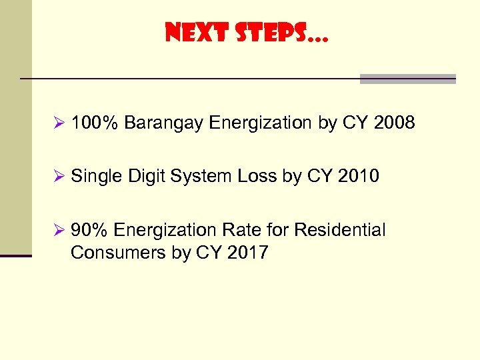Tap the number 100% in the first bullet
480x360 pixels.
point(95,123)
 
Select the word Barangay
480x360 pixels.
point(163,123)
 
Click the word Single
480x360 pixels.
point(94,177)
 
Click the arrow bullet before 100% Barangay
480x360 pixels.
point(58,123)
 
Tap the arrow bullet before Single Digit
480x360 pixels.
point(58,177)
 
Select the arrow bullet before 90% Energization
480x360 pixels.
point(58,231)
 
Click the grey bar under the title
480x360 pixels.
point(407,79)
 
